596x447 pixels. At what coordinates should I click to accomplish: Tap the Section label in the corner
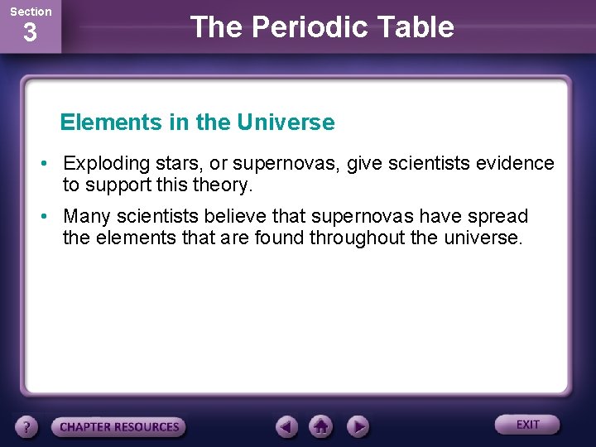31,12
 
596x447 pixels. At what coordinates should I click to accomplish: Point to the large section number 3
30,34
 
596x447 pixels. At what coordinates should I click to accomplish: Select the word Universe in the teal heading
285,123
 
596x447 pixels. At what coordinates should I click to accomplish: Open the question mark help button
27,427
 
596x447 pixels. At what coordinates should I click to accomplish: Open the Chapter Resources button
119,427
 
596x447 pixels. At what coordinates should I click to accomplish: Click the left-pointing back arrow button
286,426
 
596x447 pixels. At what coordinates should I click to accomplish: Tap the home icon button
321,426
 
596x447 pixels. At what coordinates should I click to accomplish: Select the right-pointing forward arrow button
357,426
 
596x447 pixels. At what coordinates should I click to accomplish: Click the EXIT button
527,425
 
